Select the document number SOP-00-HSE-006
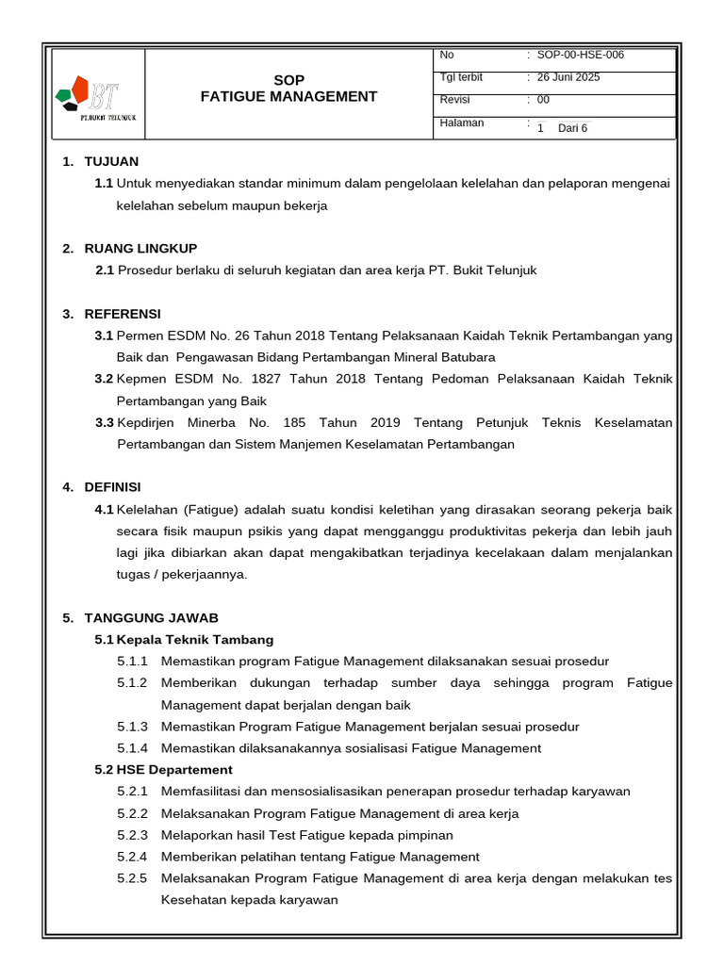(580, 55)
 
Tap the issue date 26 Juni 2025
(568, 77)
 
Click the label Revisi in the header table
(454, 100)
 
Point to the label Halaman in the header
(462, 123)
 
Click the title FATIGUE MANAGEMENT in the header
(288, 96)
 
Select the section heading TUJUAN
(111, 161)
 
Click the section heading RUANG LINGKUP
(140, 248)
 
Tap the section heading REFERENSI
(123, 313)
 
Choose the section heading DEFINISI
(112, 486)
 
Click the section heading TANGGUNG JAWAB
(151, 617)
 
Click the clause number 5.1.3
(133, 727)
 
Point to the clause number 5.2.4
(133, 857)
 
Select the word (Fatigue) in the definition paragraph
(209, 510)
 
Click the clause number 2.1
(105, 270)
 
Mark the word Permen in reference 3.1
(138, 335)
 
